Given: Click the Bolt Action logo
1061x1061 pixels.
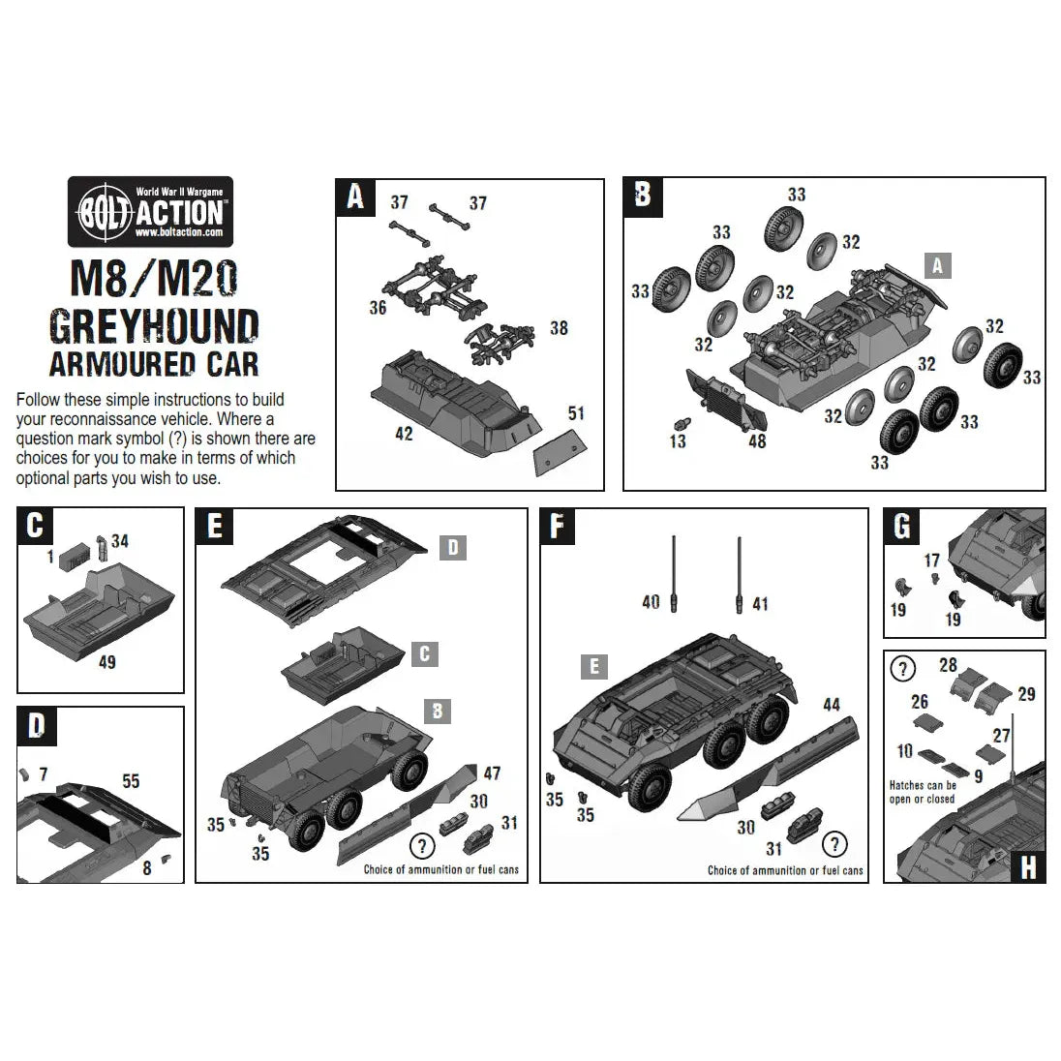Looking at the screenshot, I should click(x=150, y=211).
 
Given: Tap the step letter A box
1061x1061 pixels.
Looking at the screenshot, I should click(x=355, y=197).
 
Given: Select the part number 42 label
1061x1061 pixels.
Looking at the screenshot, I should click(x=404, y=434).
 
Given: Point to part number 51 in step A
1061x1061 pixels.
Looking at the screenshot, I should click(x=576, y=413).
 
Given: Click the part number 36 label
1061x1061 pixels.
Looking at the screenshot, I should click(x=378, y=307).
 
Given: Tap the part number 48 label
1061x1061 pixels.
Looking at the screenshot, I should click(x=756, y=441).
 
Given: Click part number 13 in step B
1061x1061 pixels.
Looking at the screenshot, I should click(x=678, y=441).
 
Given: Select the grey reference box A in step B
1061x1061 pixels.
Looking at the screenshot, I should click(x=936, y=264).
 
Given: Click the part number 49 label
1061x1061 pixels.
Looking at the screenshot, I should click(x=106, y=662).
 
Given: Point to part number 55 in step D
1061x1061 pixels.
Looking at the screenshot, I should click(x=131, y=780).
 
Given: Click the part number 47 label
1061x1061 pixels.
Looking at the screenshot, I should click(x=492, y=773).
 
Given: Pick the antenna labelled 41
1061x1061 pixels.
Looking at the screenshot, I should click(x=740, y=570).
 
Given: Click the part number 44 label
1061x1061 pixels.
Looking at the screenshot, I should click(x=832, y=705).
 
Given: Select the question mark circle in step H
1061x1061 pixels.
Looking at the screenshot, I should click(x=902, y=669).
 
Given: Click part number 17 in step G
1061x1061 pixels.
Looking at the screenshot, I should click(x=932, y=561).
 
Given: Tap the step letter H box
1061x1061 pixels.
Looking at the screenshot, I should click(x=1027, y=866).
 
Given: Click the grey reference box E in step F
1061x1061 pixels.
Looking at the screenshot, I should click(x=594, y=666).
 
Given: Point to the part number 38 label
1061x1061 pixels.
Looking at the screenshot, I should click(x=559, y=328).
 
